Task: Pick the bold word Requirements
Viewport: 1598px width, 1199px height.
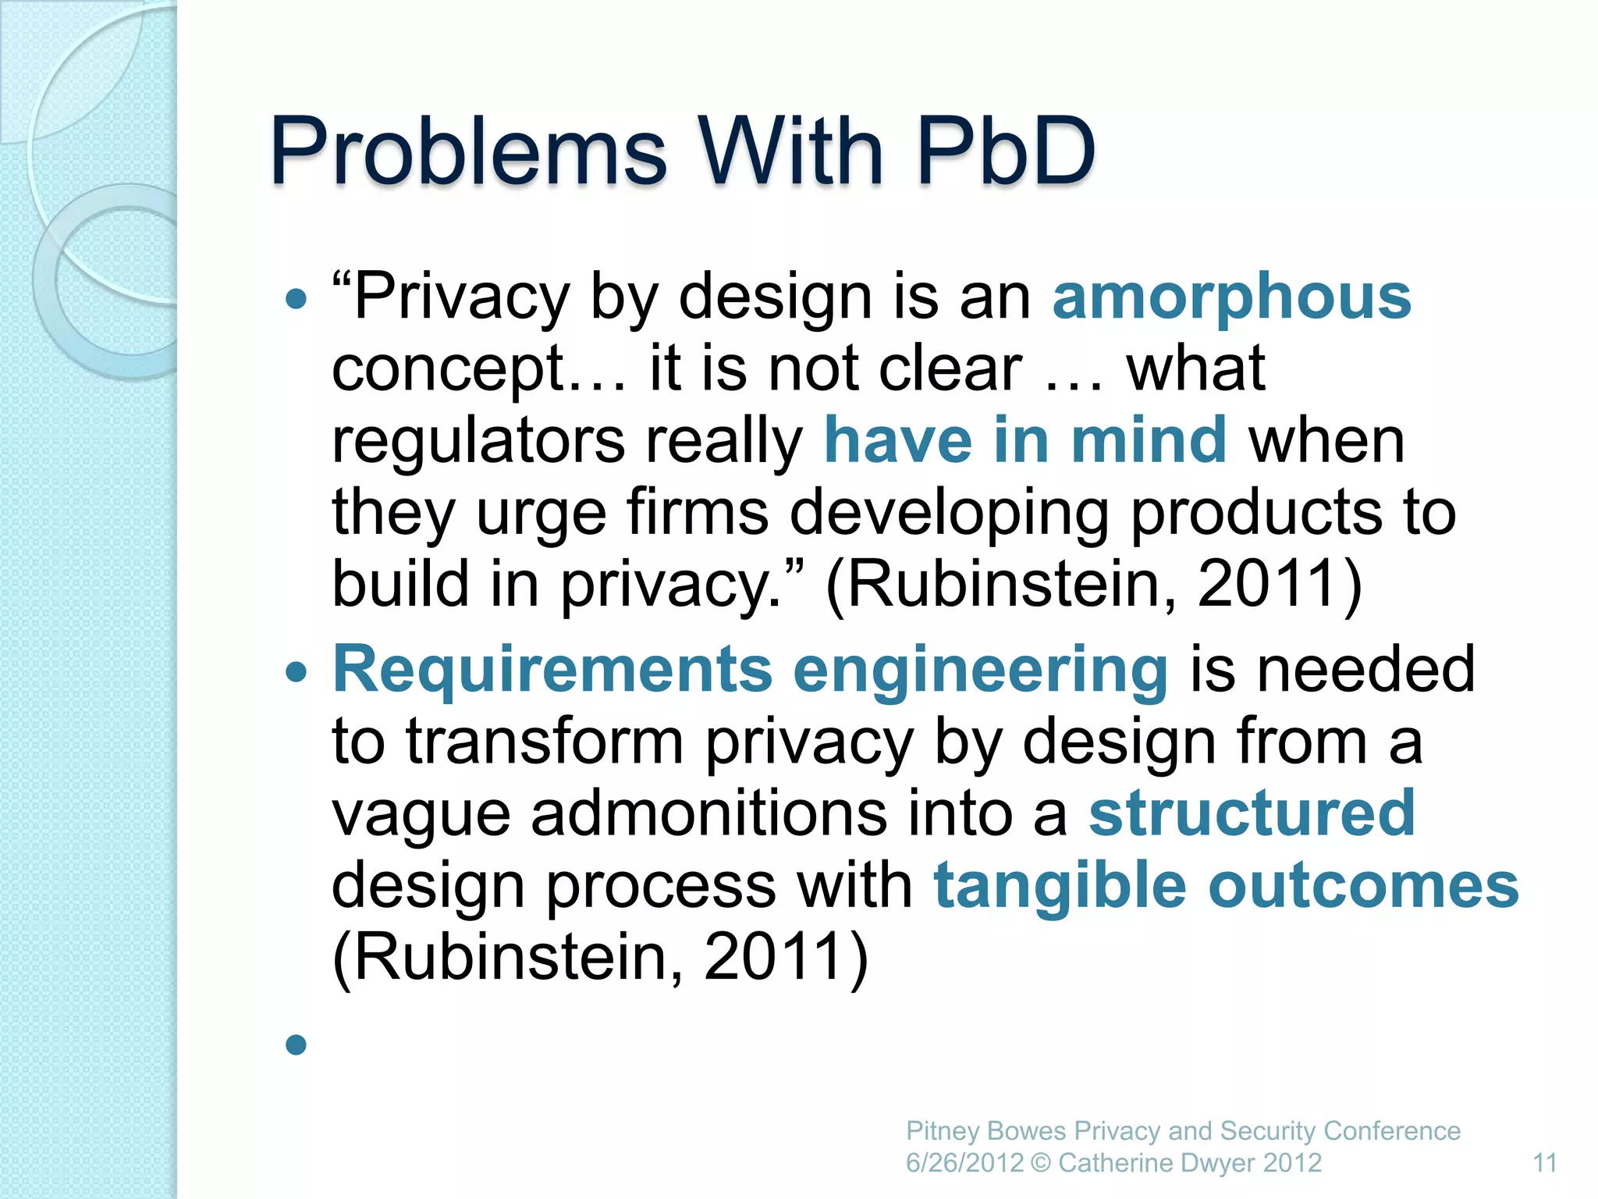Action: pos(552,670)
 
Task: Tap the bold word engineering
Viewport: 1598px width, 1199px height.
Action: pos(981,670)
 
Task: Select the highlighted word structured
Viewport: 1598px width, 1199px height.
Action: pos(1252,813)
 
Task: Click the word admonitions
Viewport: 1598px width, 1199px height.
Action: pos(708,813)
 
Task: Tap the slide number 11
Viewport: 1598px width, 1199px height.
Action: pos(1545,1163)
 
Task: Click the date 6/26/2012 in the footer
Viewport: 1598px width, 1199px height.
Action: pos(964,1163)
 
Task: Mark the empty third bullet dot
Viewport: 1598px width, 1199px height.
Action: pos(296,1044)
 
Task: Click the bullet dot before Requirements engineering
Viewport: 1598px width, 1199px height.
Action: pos(296,671)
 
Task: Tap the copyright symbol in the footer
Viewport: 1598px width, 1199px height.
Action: pos(1040,1163)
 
